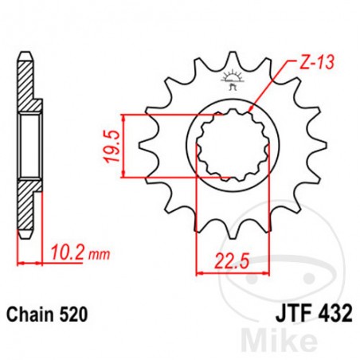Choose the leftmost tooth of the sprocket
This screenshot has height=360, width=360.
point(144,147)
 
